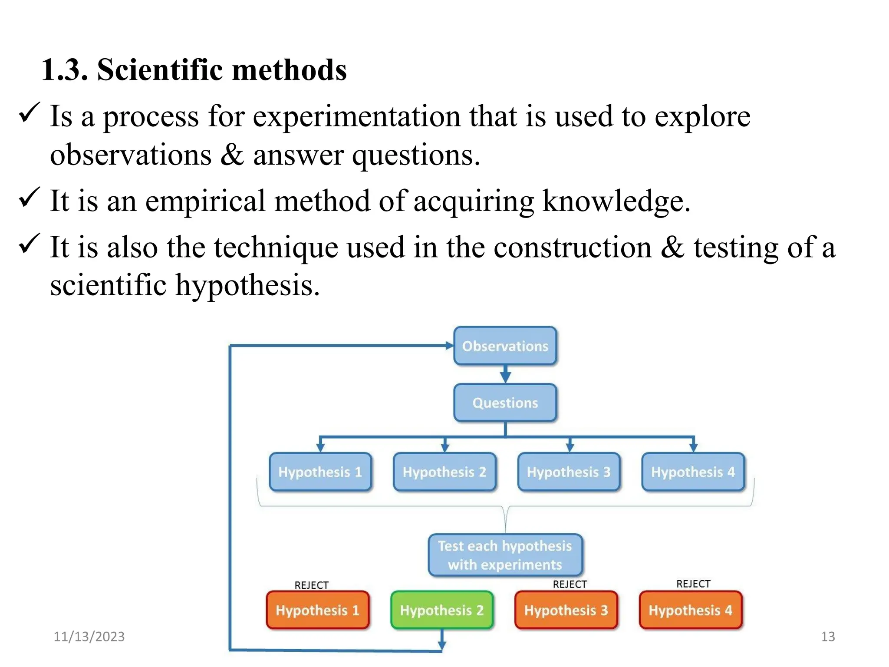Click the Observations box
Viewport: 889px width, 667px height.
click(505, 346)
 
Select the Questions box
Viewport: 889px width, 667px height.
click(505, 403)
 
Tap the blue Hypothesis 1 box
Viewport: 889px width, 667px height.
click(320, 472)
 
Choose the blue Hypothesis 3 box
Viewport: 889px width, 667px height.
click(569, 472)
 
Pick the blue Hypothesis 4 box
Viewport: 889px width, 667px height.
click(693, 472)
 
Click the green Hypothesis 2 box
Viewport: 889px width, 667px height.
click(441, 610)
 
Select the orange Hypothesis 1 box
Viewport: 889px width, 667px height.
click(317, 610)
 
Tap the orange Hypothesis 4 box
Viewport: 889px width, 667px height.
click(690, 610)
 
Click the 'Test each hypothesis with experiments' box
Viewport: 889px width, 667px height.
click(505, 555)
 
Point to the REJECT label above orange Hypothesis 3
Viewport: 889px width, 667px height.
click(570, 584)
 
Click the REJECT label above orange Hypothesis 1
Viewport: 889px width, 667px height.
click(311, 585)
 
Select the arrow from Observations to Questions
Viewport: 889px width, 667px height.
click(505, 374)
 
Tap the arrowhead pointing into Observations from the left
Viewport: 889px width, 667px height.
click(449, 346)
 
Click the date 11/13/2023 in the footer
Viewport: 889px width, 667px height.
click(89, 637)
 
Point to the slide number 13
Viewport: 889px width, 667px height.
click(828, 637)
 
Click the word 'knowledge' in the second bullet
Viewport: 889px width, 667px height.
click(612, 201)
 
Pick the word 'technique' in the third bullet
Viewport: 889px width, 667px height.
click(276, 247)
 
